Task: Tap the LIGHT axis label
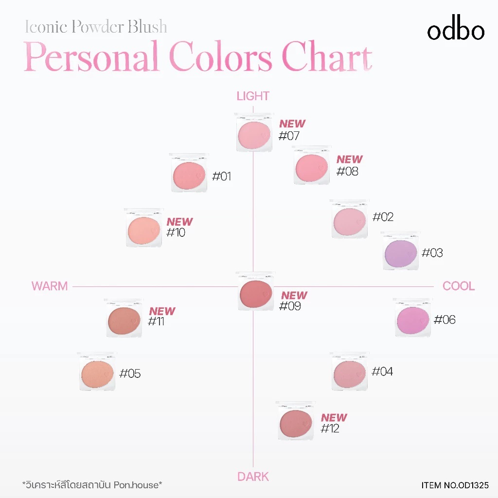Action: point(253,96)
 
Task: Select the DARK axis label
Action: point(253,477)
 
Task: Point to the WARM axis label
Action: point(50,286)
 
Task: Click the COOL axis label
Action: point(459,286)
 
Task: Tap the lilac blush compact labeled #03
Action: point(400,251)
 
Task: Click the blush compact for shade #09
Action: point(256,291)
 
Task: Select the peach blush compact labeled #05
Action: point(97,371)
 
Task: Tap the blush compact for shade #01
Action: point(190,173)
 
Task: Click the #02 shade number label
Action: point(383,217)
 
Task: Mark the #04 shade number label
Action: point(382,372)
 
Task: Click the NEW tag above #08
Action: point(350,160)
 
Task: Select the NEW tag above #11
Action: point(162,311)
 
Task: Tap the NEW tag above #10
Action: point(180,222)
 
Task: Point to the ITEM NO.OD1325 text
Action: point(455,485)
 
